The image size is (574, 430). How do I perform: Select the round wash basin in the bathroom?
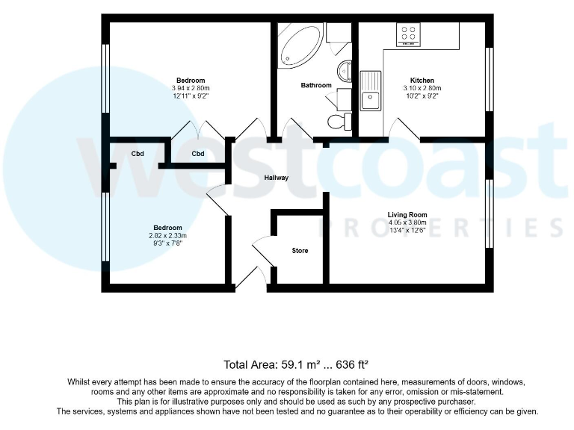coord(344,72)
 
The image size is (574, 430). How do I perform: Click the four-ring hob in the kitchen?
coord(408,34)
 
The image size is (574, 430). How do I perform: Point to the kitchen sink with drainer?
coord(370,90)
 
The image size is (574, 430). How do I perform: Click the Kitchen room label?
coord(422,81)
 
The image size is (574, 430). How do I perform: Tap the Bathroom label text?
coord(316,85)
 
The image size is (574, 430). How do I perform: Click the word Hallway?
coord(276,178)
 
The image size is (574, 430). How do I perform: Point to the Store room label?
coord(300,251)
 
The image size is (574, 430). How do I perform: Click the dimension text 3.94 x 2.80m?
coord(191,88)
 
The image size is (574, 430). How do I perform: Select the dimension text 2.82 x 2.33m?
coord(167,236)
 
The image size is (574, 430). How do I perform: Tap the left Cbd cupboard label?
coord(138,154)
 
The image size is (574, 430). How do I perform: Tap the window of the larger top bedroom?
coord(106,80)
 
